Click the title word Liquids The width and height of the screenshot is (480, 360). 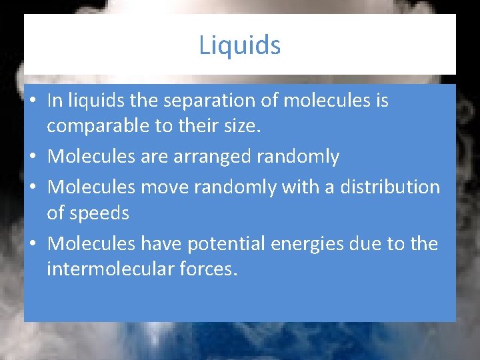(x=240, y=45)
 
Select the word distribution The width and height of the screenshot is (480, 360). (x=390, y=187)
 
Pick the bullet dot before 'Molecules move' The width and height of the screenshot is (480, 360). (x=33, y=188)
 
